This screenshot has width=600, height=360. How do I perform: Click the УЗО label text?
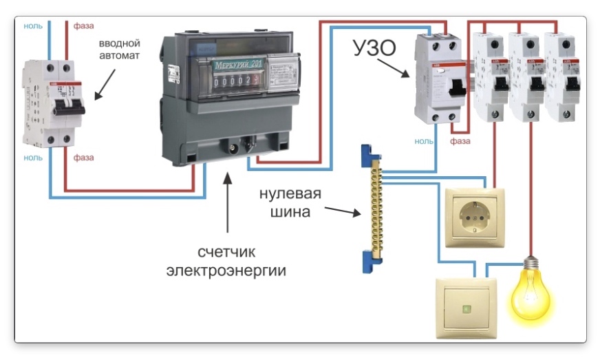pyautogui.click(x=376, y=49)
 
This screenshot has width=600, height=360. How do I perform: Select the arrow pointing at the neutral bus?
pyautogui.click(x=343, y=211)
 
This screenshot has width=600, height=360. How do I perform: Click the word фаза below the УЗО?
pyautogui.click(x=460, y=141)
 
